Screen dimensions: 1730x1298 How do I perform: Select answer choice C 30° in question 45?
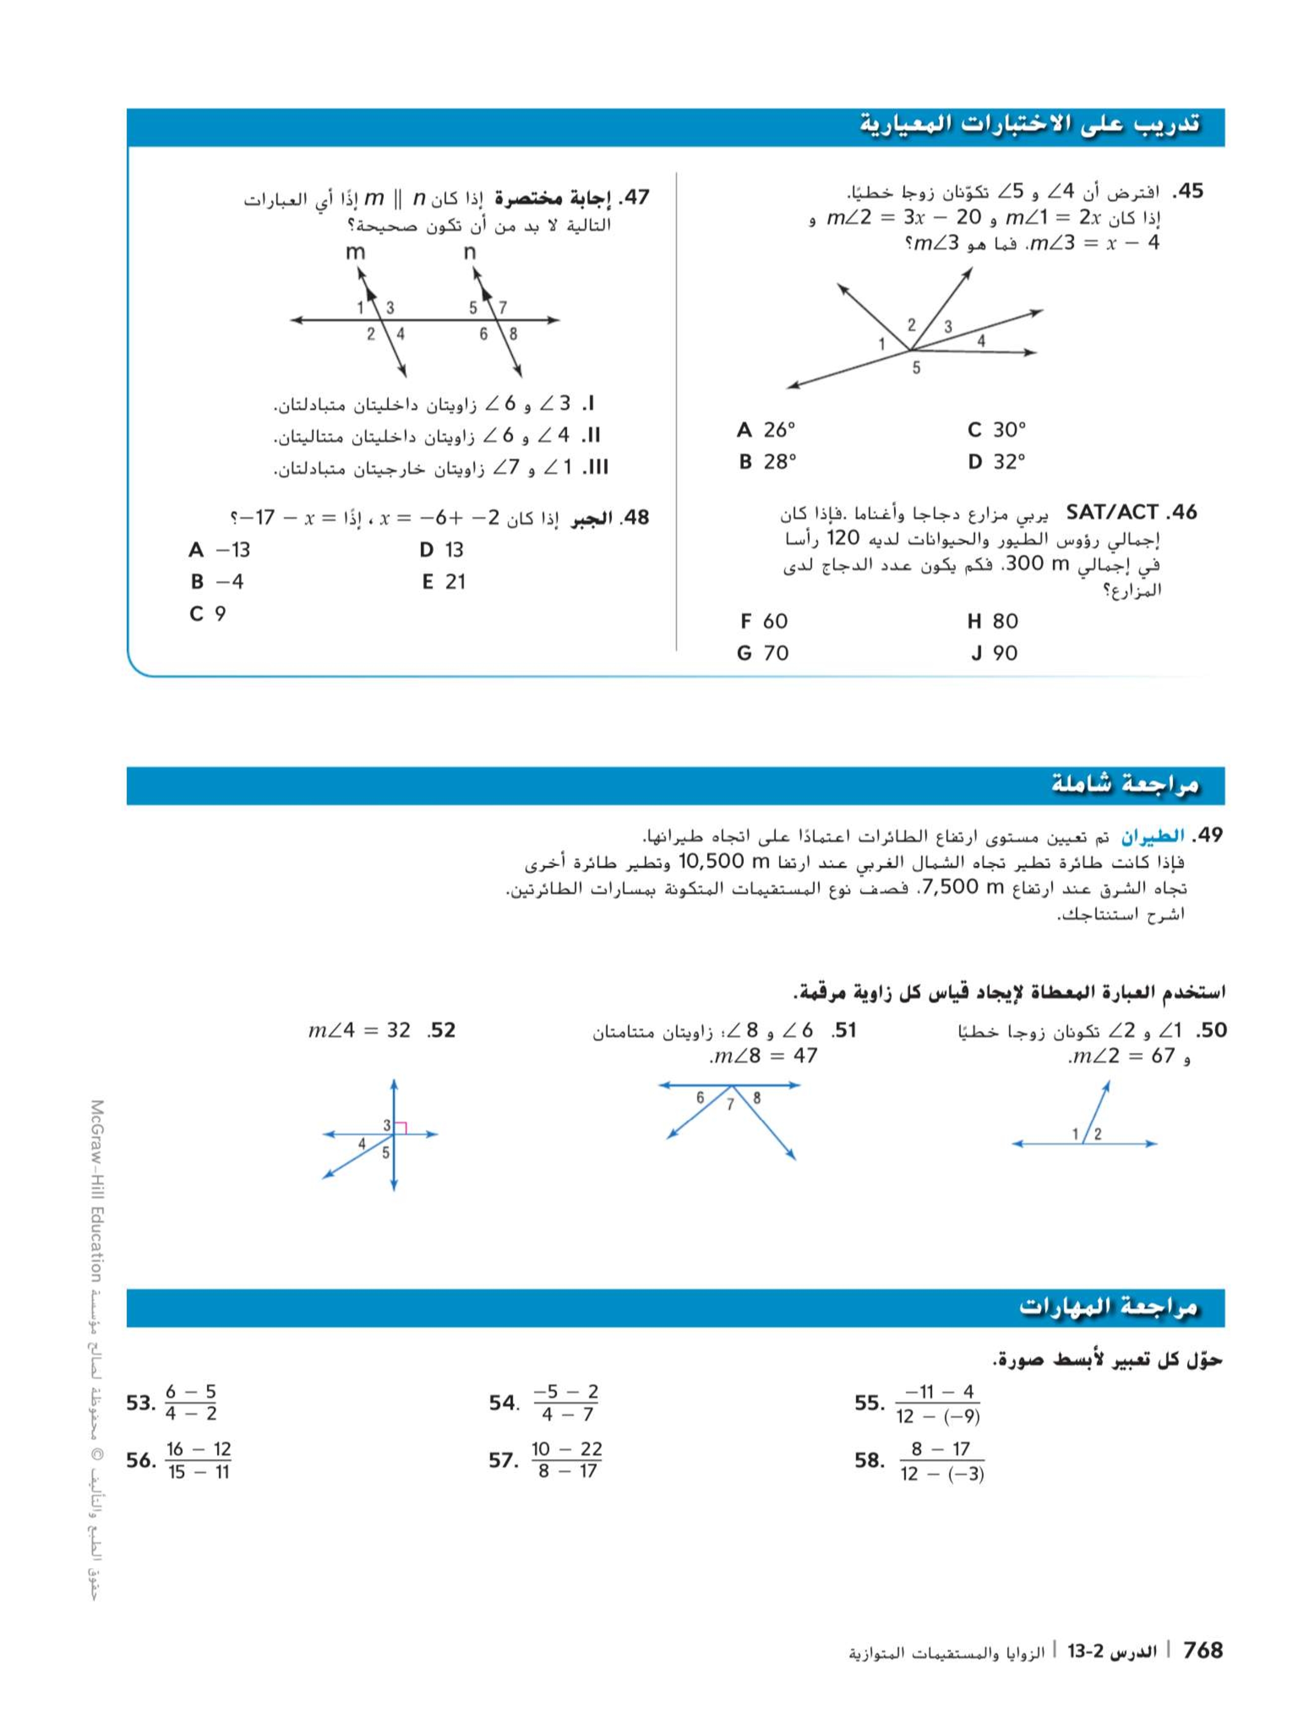click(x=996, y=429)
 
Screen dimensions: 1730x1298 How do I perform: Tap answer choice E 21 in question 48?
click(x=443, y=582)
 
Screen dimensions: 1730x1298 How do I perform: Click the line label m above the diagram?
click(x=355, y=252)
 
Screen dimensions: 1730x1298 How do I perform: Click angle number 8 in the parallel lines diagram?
click(x=513, y=334)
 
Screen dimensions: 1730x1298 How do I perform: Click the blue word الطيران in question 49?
click(x=1153, y=836)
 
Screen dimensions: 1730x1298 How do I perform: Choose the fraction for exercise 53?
click(x=191, y=1403)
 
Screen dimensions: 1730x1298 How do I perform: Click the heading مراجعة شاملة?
click(x=1124, y=785)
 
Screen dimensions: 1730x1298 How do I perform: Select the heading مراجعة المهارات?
click(x=1108, y=1307)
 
